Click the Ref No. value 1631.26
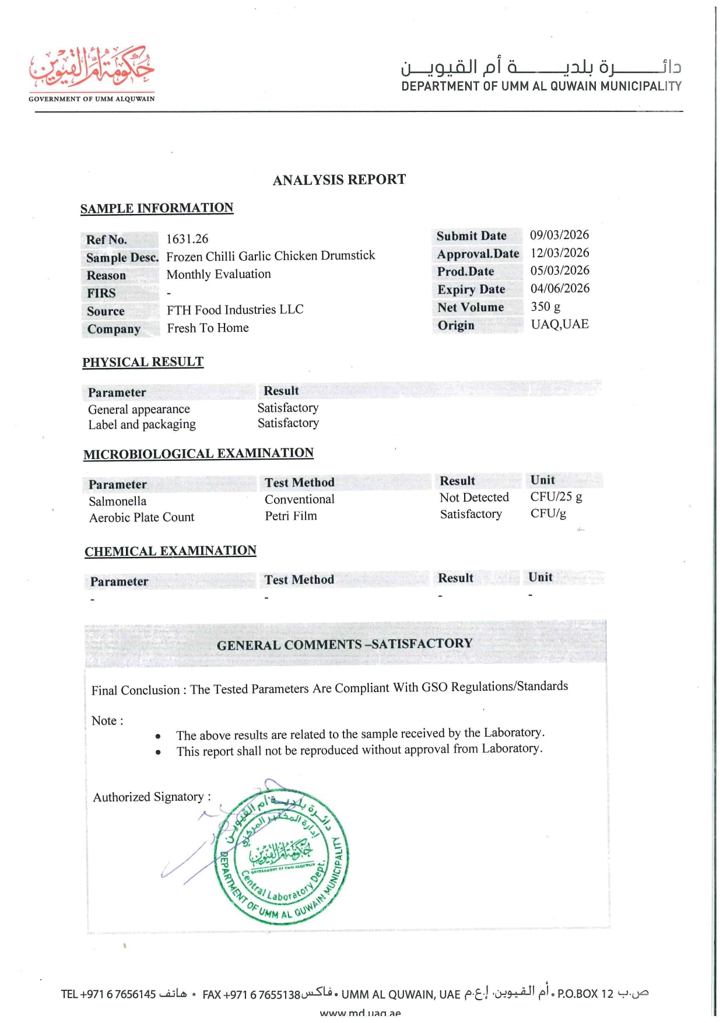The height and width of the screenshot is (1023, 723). (187, 239)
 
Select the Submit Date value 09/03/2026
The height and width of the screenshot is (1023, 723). (559, 235)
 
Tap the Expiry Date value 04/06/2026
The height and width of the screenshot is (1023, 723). (560, 289)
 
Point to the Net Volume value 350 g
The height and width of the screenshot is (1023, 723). (545, 307)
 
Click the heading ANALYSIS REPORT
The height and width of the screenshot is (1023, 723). (339, 180)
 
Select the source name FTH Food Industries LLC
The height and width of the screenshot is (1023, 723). (235, 310)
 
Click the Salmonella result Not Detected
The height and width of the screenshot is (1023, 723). (474, 498)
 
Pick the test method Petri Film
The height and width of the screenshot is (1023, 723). (291, 516)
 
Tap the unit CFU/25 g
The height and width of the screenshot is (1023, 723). (556, 497)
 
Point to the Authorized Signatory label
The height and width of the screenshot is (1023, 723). (152, 797)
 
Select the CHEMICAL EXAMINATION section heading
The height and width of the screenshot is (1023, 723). (170, 551)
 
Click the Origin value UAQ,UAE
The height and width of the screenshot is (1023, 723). (559, 324)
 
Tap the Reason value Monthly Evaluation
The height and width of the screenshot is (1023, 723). (219, 274)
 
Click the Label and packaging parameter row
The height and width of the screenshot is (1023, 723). (142, 425)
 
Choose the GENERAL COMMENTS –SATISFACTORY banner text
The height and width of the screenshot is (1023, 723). (345, 644)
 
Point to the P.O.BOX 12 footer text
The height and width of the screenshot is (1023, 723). (585, 993)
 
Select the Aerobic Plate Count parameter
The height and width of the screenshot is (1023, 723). (142, 517)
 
